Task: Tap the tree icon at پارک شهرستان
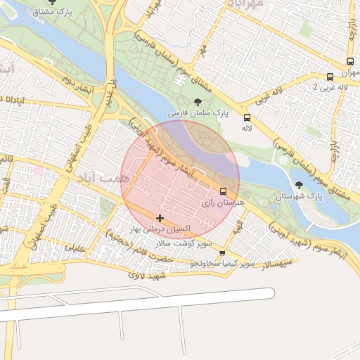[300, 185]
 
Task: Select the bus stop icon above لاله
[247, 118]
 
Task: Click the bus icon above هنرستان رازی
[224, 191]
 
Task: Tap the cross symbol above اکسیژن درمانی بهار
[160, 218]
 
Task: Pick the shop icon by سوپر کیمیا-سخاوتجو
[223, 253]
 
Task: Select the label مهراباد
[245, 4]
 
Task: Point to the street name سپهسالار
[269, 264]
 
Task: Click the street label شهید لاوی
[146, 276]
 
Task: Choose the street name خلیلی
[75, 247]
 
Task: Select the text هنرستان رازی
[217, 202]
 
